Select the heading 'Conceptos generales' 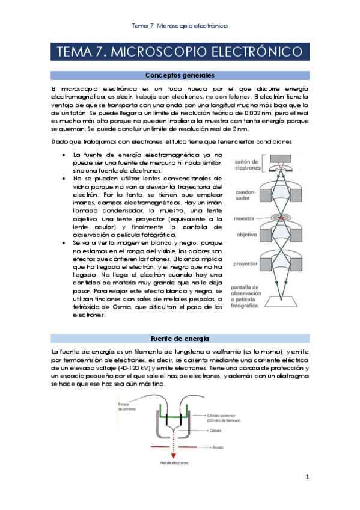(180, 76)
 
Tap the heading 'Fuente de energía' (180, 338)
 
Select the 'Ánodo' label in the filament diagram (219, 447)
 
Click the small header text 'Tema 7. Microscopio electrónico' (180, 26)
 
